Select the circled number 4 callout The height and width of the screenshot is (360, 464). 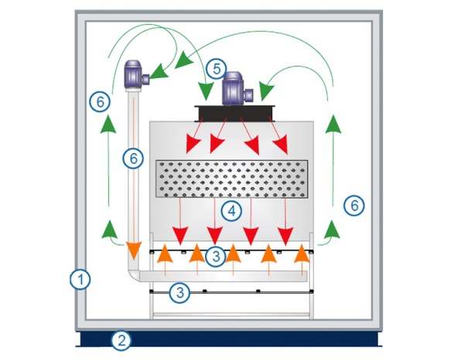tap(228, 209)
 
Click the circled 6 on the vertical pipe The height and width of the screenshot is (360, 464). tap(133, 158)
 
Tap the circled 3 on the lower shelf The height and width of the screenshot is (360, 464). tap(179, 292)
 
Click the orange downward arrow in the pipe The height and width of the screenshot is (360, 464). tap(134, 250)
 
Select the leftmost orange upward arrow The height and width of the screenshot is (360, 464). tap(164, 256)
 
